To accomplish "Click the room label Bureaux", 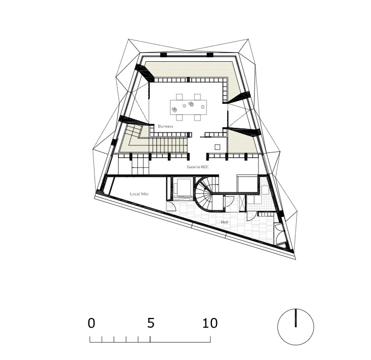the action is (166, 126).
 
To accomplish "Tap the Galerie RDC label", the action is (198, 167).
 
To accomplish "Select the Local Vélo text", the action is (139, 194).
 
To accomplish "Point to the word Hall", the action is (225, 222).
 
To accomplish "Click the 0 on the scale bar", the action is (91, 323).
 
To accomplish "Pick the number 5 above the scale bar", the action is (151, 323).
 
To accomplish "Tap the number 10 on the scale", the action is (210, 323).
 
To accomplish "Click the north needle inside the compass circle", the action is (296, 318).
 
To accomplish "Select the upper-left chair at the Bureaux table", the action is (179, 97).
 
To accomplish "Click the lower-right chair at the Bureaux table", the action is (198, 117).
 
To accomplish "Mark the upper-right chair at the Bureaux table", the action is (198, 97).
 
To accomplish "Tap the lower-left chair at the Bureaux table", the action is (179, 117).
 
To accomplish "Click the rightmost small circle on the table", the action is (203, 107).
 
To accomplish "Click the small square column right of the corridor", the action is (217, 147).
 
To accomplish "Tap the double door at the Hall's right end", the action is (278, 234).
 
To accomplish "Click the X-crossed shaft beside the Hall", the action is (242, 203).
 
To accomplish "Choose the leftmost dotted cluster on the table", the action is (174, 109).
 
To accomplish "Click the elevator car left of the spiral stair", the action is (182, 187).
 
